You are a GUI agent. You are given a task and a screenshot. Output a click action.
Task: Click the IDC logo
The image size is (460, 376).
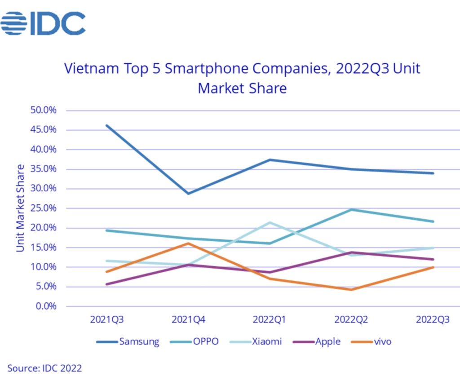(43, 24)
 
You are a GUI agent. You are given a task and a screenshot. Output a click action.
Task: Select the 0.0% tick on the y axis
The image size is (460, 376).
(47, 306)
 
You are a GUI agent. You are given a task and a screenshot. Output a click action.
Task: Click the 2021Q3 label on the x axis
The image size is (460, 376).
(107, 320)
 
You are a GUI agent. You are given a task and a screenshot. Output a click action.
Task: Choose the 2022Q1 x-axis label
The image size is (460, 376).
(270, 320)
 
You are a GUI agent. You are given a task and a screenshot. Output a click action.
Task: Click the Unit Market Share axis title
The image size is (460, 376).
(21, 208)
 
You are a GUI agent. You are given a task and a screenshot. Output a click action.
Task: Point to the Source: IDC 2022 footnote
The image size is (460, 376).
(44, 368)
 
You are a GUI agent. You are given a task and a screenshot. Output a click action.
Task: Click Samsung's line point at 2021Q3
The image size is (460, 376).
(107, 126)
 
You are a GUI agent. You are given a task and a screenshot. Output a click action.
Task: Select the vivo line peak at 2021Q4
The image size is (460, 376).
(188, 243)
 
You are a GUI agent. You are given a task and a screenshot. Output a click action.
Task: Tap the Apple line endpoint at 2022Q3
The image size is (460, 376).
(433, 259)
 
